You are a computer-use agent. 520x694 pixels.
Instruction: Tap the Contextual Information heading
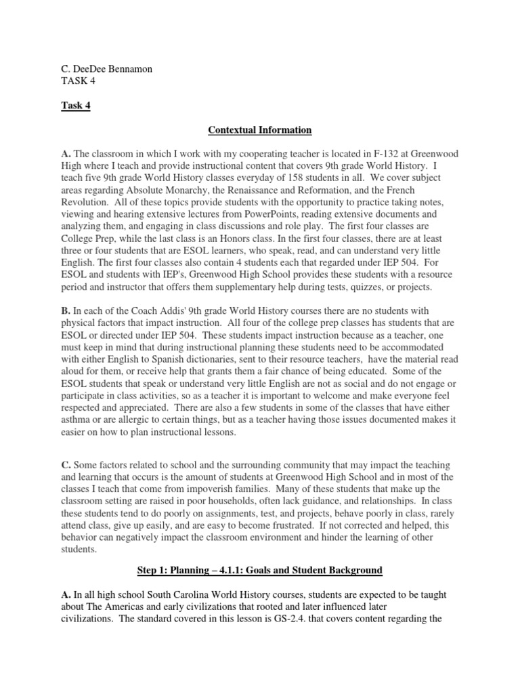point(259,129)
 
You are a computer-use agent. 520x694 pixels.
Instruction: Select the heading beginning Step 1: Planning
point(259,570)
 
